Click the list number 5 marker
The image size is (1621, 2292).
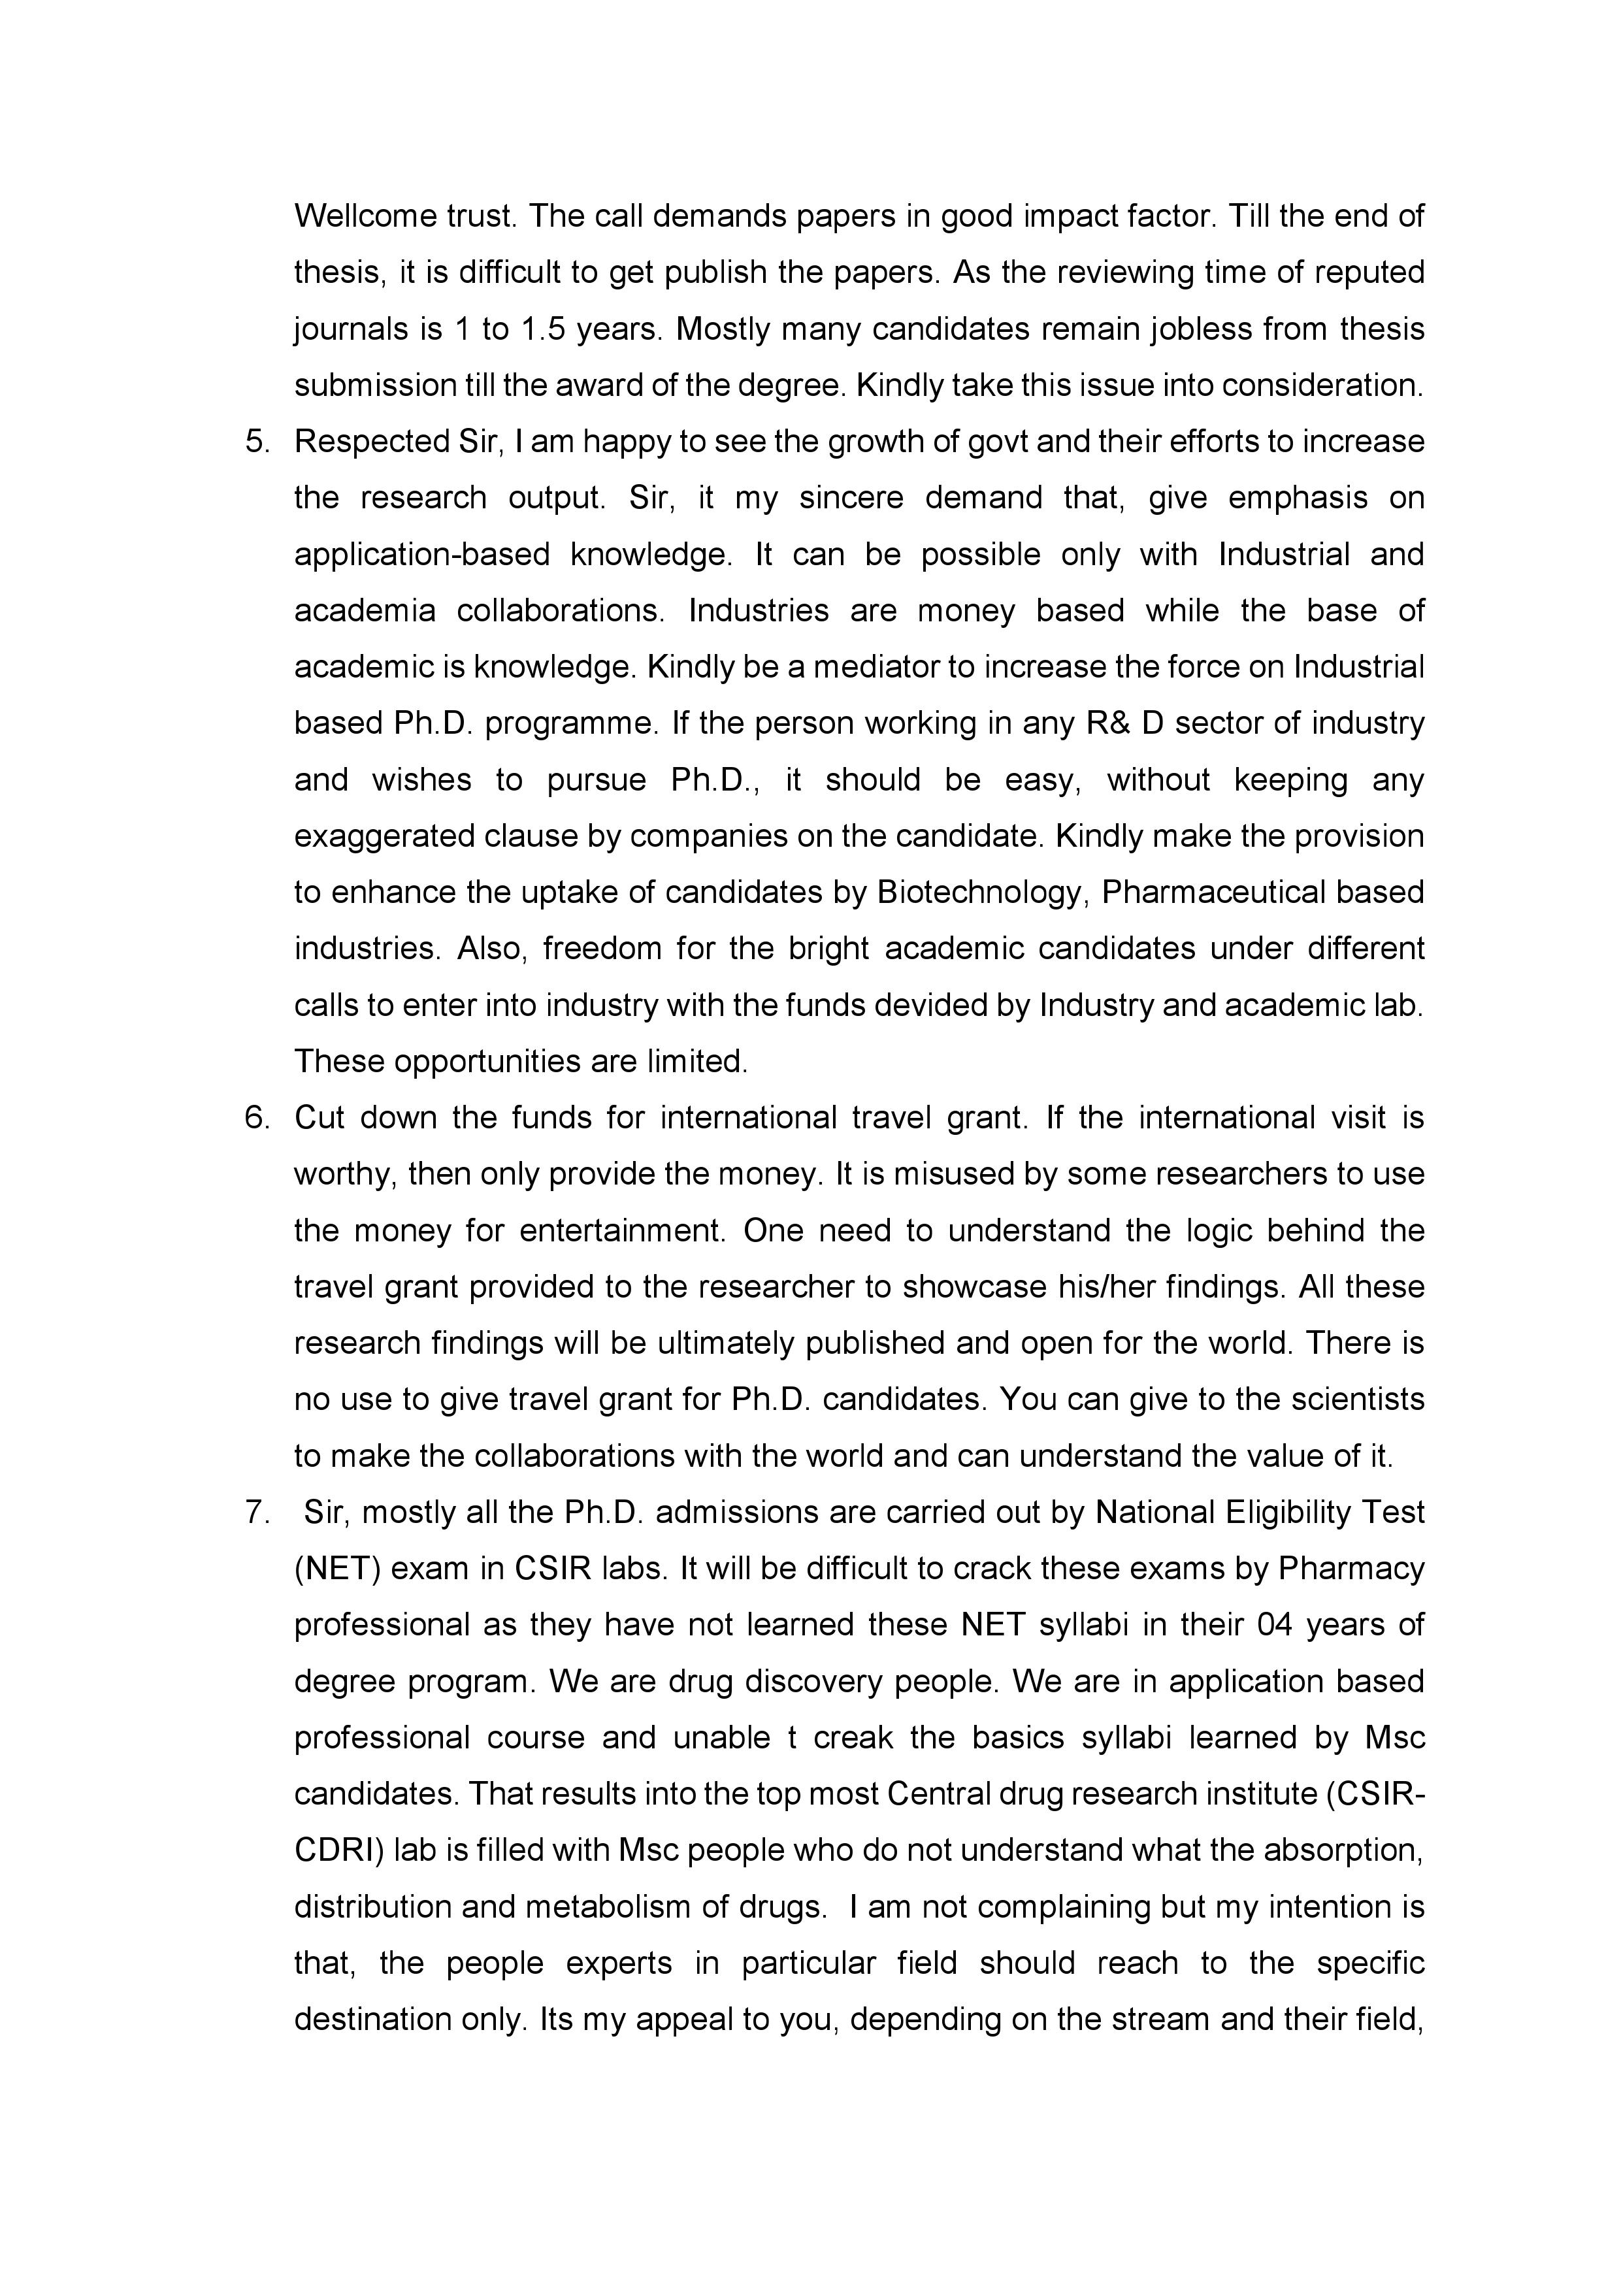pyautogui.click(x=257, y=441)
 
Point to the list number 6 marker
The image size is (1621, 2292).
pyautogui.click(x=257, y=1117)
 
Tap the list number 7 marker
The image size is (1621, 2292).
pyautogui.click(x=257, y=1513)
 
